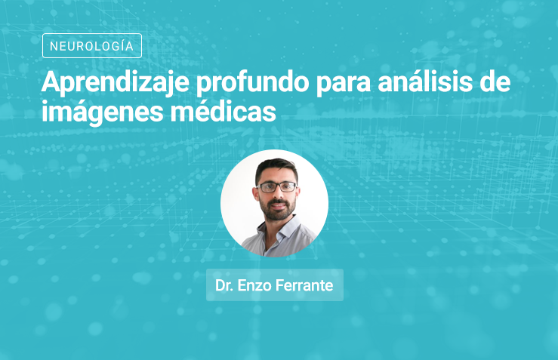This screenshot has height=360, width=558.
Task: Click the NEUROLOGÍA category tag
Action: coord(92,45)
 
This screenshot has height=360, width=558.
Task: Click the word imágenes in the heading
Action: coord(103,112)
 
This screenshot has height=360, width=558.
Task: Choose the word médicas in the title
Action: coord(224,110)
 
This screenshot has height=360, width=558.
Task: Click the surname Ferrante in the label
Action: coord(304,285)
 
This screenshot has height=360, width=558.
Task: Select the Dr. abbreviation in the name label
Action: coord(224,285)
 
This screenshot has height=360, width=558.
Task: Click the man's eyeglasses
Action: coord(277,186)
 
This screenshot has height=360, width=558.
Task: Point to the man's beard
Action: coord(277,209)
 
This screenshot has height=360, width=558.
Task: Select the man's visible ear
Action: coord(255,195)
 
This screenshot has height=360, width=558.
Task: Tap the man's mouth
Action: coord(279,205)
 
